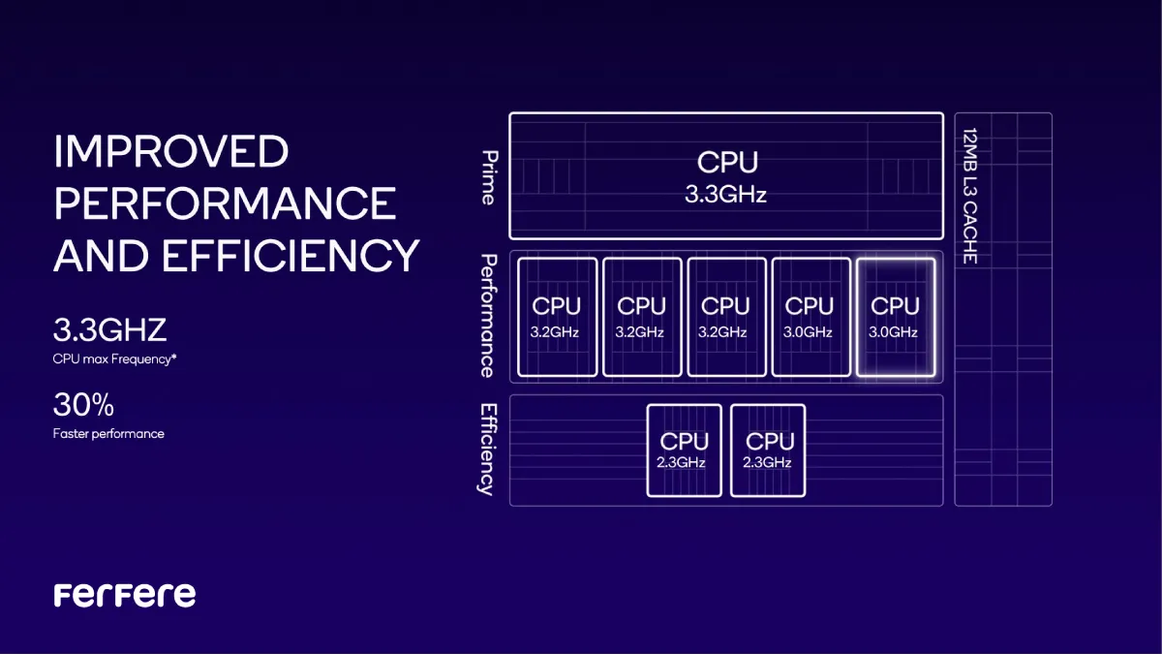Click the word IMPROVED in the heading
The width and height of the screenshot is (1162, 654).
(170, 152)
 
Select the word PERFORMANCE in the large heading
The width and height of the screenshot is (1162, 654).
(225, 203)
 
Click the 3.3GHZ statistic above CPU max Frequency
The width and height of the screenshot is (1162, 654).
(109, 330)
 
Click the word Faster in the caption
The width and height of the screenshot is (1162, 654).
(73, 434)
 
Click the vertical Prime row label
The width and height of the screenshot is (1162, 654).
(489, 177)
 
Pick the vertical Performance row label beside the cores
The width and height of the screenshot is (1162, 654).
(489, 316)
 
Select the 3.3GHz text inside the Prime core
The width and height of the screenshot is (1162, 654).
(725, 195)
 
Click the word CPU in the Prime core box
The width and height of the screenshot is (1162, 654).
(726, 162)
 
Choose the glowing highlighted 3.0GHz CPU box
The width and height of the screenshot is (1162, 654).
(895, 316)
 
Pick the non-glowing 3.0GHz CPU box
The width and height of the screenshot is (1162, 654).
(810, 316)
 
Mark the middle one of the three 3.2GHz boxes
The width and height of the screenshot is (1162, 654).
(641, 316)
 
